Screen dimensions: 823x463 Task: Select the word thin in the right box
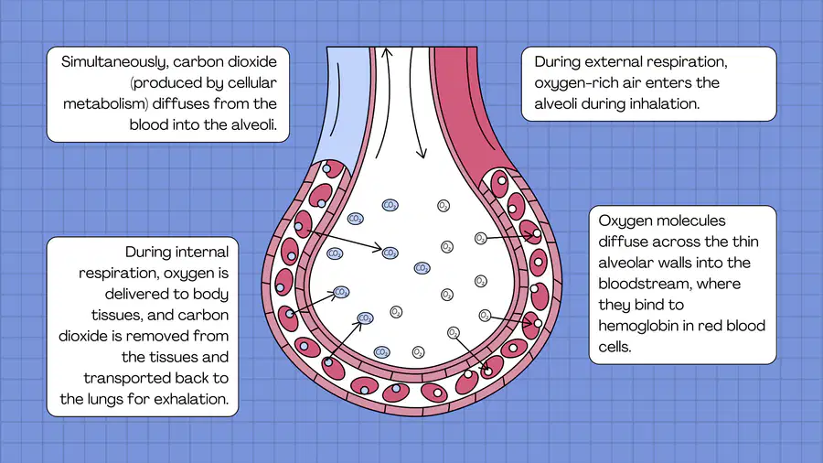click(x=745, y=242)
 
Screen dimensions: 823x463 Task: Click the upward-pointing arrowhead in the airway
click(x=387, y=52)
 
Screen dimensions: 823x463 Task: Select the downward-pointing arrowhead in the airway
click(x=421, y=154)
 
